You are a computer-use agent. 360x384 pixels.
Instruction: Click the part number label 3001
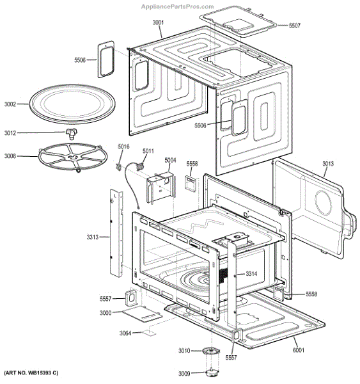(x=158, y=22)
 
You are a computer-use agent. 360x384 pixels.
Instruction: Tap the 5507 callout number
(x=295, y=26)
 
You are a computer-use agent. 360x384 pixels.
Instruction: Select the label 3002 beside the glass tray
(x=10, y=104)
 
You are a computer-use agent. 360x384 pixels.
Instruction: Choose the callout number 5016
(x=123, y=147)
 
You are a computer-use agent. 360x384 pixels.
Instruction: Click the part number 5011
(x=148, y=151)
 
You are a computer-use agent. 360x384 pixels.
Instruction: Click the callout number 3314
(x=250, y=273)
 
